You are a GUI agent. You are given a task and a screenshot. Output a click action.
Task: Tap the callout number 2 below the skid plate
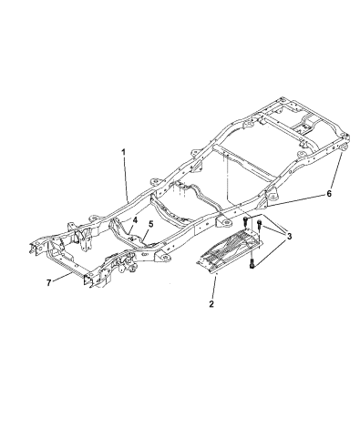click(211, 304)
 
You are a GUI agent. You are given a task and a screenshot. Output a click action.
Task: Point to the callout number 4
click(133, 219)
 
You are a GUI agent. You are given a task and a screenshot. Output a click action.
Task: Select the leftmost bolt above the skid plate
click(245, 221)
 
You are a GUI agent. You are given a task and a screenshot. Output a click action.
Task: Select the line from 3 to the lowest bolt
click(272, 249)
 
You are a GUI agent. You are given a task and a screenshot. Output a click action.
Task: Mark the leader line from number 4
click(127, 224)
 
